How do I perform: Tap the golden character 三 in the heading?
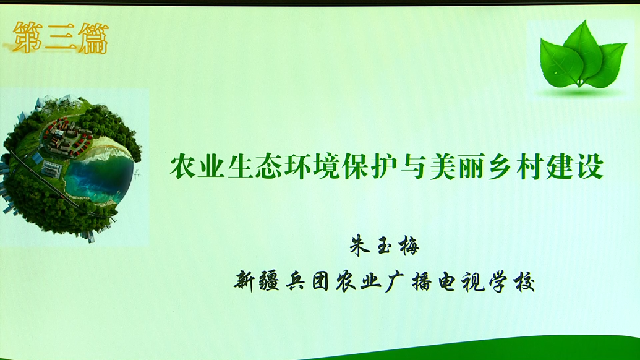[60, 38]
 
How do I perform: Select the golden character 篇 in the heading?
[93, 38]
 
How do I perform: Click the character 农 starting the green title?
[182, 166]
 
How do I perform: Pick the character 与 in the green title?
[415, 166]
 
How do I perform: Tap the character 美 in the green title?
[444, 166]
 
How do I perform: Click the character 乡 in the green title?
[501, 166]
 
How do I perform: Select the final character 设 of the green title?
[590, 166]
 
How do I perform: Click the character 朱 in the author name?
[360, 245]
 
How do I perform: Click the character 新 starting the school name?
[245, 281]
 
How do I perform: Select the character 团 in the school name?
[321, 281]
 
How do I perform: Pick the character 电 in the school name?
[447, 281]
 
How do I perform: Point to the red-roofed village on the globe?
[66, 137]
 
